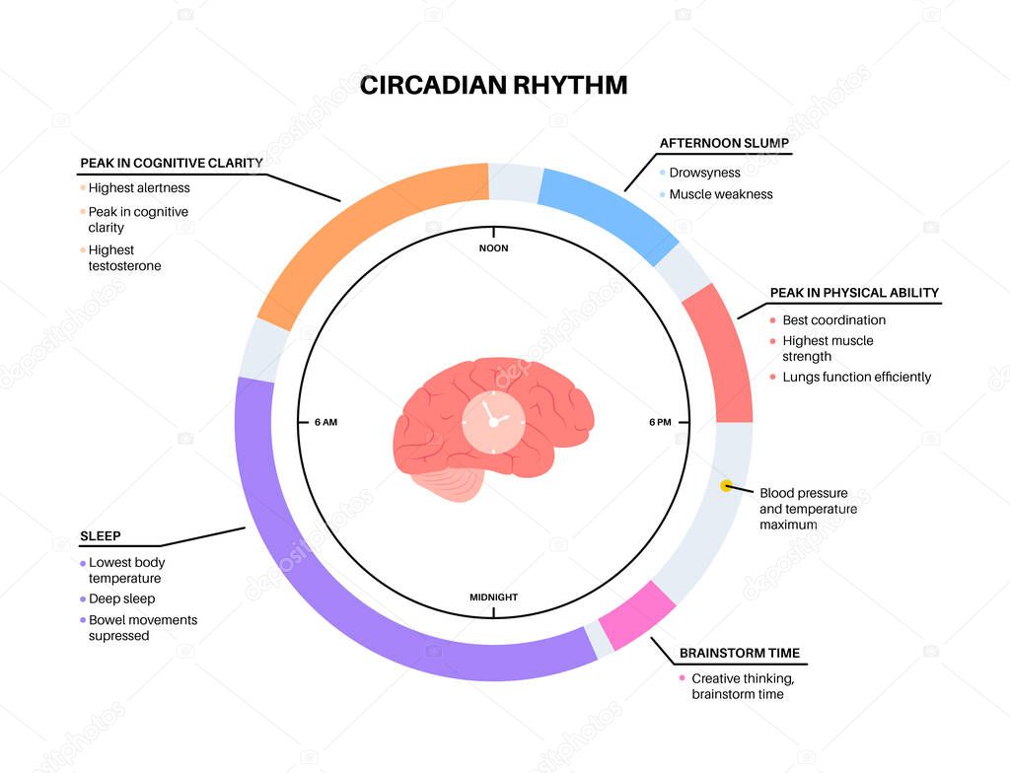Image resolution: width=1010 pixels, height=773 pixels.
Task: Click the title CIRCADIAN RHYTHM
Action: [493, 85]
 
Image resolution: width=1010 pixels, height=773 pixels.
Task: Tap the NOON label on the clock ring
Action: [493, 247]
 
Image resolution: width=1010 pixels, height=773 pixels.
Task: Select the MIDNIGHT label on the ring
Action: [493, 597]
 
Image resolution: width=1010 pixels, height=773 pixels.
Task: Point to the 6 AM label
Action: [325, 422]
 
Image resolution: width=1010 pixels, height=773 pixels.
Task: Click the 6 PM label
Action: [660, 422]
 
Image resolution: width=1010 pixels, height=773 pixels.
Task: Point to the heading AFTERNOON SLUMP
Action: [724, 143]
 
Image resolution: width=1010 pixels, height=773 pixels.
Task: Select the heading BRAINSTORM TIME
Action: [740, 653]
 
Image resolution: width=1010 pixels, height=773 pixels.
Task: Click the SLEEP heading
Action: [100, 536]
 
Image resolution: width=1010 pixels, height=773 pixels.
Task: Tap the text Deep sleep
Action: [122, 598]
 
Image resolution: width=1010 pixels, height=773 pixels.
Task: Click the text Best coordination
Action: [834, 319]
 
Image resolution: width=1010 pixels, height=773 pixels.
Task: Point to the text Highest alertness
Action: [139, 187]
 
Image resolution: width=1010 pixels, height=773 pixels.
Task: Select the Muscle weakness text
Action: [721, 194]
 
